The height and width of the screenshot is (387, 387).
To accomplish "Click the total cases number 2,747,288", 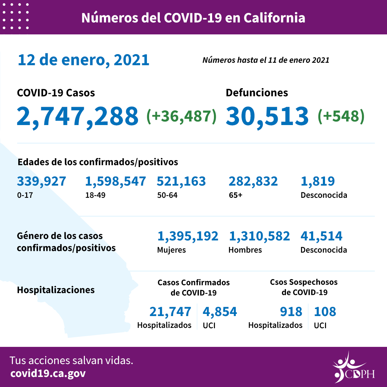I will [77, 116].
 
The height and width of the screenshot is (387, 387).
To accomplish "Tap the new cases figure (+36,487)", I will [181, 116].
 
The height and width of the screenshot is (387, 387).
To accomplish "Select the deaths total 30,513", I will [267, 116].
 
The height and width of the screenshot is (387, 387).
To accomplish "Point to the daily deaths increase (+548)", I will [341, 116].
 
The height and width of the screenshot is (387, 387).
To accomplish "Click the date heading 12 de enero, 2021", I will [83, 60].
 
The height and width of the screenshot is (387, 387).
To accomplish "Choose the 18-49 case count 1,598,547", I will [115, 181].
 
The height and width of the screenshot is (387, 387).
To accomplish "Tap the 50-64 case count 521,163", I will [181, 181].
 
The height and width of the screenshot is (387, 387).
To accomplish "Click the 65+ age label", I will [236, 195].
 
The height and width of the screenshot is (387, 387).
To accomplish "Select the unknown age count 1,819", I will [317, 181].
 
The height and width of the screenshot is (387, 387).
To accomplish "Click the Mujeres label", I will [171, 250].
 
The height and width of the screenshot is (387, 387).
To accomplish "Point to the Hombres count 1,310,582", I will [259, 236].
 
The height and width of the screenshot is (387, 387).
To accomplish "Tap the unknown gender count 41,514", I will [321, 236].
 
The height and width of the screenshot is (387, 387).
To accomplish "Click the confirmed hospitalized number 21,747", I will [170, 312].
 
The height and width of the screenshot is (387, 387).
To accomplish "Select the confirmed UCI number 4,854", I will [220, 312].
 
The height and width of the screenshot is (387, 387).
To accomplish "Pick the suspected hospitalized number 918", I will [291, 312].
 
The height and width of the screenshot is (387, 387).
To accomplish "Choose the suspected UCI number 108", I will [325, 312].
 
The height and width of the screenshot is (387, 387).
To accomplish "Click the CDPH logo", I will [353, 368].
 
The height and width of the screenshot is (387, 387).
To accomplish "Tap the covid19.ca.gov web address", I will [48, 374].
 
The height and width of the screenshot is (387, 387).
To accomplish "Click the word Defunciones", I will [257, 93].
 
